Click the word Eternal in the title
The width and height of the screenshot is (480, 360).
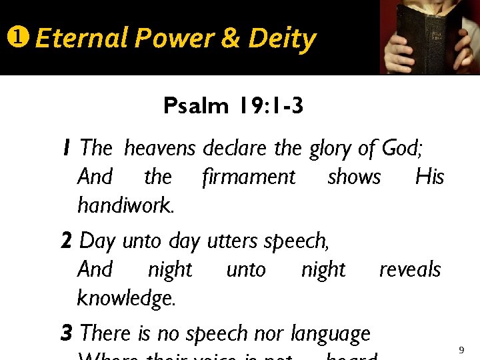tap(81, 39)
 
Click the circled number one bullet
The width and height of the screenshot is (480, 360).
tap(16, 39)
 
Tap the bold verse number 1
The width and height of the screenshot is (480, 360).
tap(67, 147)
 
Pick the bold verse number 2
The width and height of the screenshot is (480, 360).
tap(67, 240)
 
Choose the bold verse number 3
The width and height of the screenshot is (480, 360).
tap(67, 333)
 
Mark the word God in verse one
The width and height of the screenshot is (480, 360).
tap(402, 148)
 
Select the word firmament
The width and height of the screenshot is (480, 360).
tap(249, 177)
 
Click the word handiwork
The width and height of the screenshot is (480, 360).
tap(126, 205)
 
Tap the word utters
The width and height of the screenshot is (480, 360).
tap(232, 240)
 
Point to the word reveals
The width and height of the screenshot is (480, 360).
tap(410, 269)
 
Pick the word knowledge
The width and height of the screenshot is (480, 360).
tap(127, 299)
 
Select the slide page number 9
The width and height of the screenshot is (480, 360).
tap(461, 350)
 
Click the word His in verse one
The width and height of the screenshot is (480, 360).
tap(429, 177)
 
